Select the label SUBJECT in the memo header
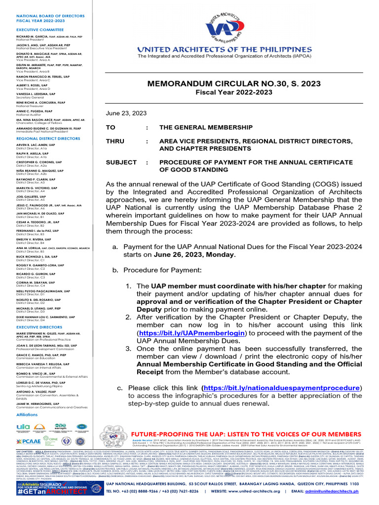pyautogui.click(x=121, y=162)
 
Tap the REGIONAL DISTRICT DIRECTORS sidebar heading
pyautogui.click(x=47, y=139)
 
